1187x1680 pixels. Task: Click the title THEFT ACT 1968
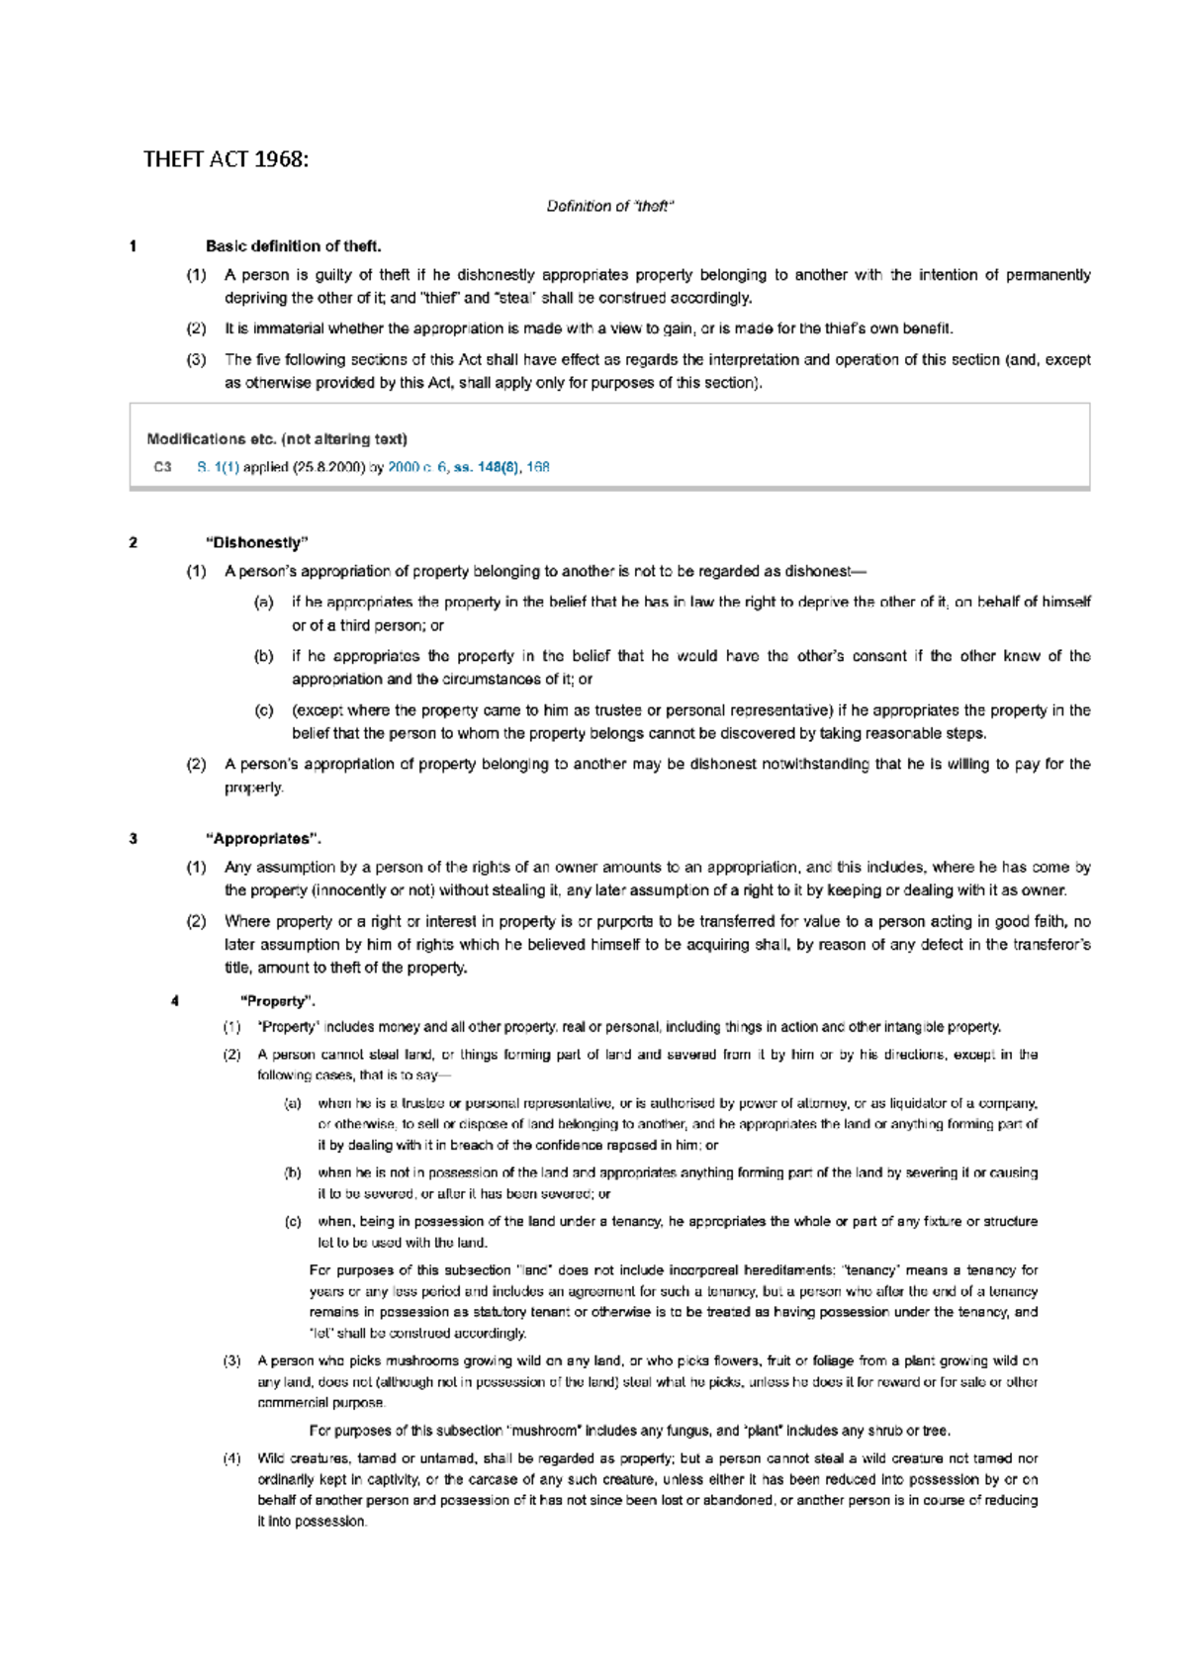tap(226, 159)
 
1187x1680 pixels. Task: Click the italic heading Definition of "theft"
tap(610, 207)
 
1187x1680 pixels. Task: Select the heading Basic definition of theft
tap(293, 246)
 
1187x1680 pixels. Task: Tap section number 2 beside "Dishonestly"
tap(134, 542)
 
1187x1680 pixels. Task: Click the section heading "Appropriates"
tap(263, 839)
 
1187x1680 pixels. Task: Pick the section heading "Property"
tap(278, 1001)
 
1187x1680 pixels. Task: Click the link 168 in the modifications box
tap(538, 467)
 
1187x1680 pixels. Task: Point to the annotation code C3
tap(162, 467)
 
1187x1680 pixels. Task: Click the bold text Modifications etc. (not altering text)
tap(277, 439)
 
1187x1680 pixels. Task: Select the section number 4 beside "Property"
tap(175, 1001)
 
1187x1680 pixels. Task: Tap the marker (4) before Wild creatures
tap(231, 1458)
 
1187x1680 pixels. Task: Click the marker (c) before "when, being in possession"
tap(293, 1222)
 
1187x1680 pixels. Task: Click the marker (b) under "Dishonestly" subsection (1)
tap(263, 656)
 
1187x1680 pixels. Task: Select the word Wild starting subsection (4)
tap(271, 1458)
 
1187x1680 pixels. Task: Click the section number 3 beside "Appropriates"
tap(134, 839)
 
